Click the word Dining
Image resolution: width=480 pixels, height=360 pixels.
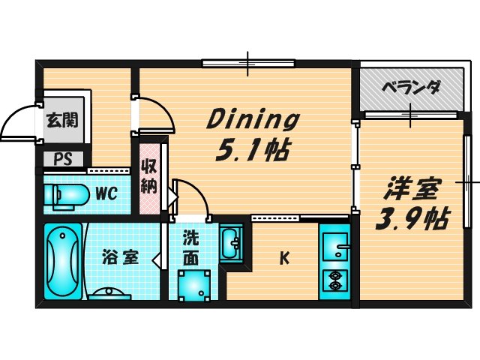[253, 119]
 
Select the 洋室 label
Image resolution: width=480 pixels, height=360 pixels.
[413, 186]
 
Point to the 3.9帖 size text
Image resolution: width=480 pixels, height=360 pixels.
[412, 218]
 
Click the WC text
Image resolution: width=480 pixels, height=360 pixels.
[105, 193]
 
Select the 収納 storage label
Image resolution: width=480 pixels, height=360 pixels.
[148, 177]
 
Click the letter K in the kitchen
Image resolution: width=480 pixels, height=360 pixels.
[284, 259]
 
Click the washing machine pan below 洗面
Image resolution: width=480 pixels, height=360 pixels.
[193, 284]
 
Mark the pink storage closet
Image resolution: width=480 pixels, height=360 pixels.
[148, 178]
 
